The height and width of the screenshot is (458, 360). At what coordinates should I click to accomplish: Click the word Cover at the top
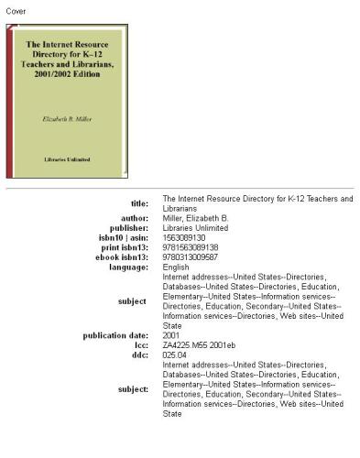tap(16, 9)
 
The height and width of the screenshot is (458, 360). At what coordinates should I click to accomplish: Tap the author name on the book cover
tap(69, 120)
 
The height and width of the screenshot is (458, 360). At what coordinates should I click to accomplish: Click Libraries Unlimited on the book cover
tap(69, 158)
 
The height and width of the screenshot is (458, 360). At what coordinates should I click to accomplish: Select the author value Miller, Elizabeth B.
tap(195, 218)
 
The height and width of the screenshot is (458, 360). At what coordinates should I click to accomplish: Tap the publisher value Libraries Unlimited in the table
tap(195, 228)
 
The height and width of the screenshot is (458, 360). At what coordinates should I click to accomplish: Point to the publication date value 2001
tap(171, 335)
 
